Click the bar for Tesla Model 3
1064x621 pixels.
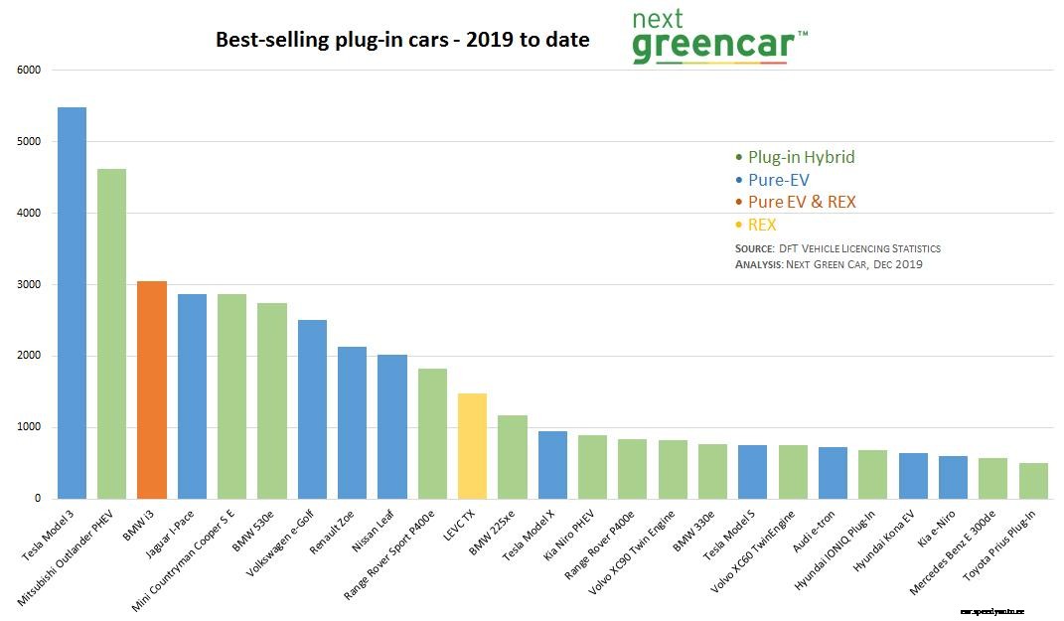pyautogui.click(x=72, y=303)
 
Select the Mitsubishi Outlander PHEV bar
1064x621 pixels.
pyautogui.click(x=111, y=334)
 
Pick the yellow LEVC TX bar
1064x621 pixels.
pyautogui.click(x=472, y=446)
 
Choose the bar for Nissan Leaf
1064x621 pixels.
pyautogui.click(x=391, y=426)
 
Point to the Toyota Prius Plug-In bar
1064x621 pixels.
pyautogui.click(x=1033, y=481)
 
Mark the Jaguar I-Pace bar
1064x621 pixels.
pyautogui.click(x=192, y=396)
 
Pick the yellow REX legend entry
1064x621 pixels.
pyautogui.click(x=761, y=225)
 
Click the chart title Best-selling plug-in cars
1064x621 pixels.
pyautogui.click(x=402, y=41)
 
